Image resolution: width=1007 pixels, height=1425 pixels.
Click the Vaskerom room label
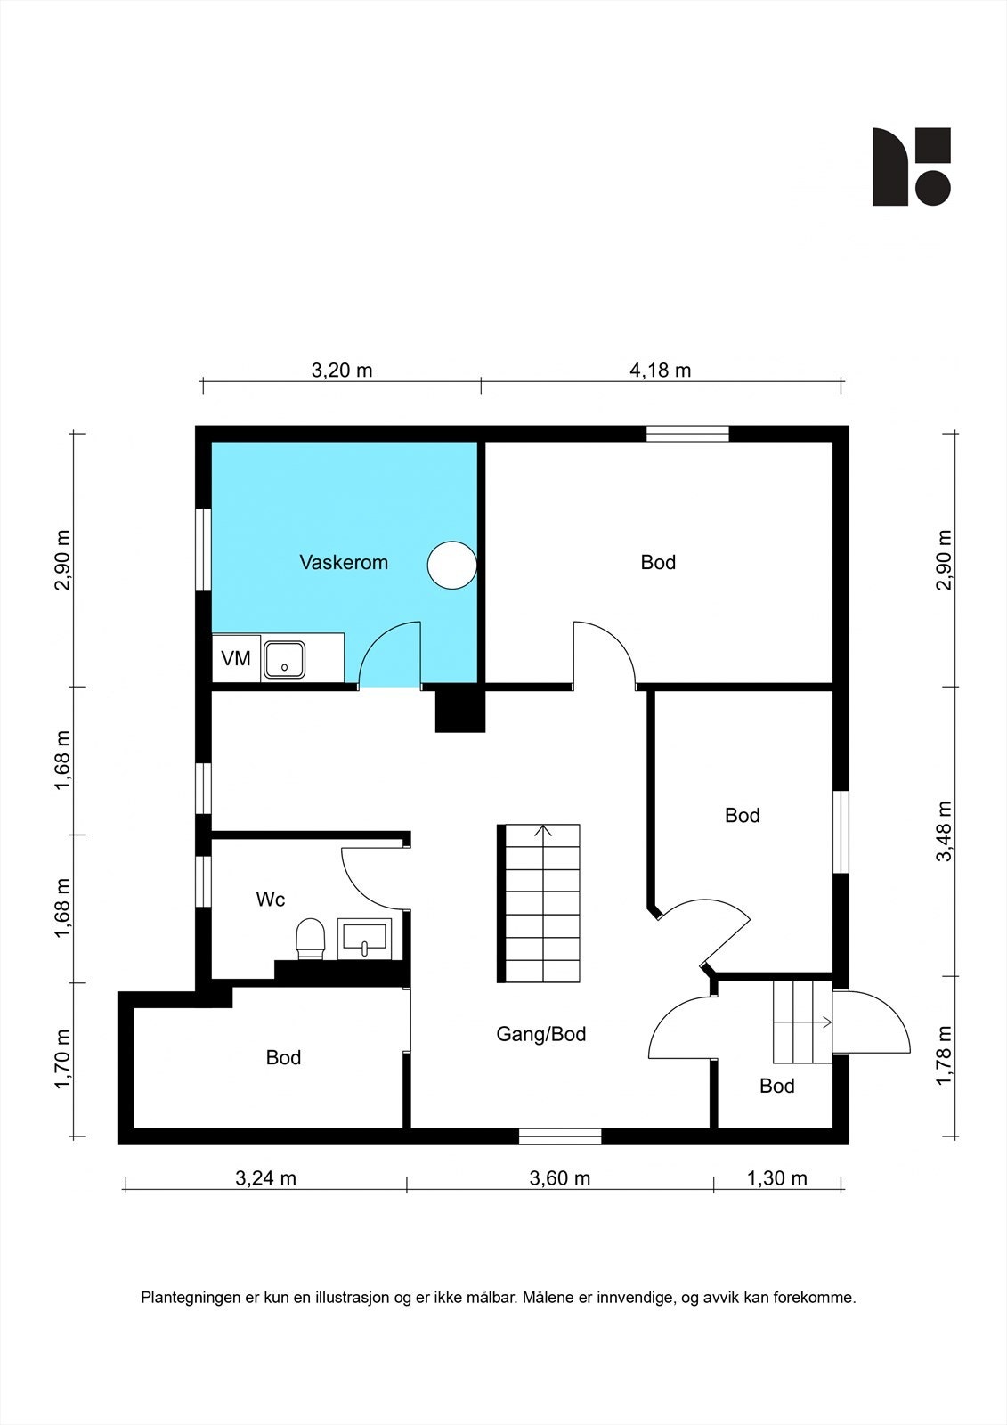tap(344, 562)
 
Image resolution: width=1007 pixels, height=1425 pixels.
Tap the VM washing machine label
tap(235, 658)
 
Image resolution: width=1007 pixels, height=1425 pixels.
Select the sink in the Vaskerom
tap(284, 660)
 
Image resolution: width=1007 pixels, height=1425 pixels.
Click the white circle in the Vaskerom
tap(451, 565)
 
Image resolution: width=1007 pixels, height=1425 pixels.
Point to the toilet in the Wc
tap(311, 939)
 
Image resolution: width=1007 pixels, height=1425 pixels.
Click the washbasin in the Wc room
tap(364, 939)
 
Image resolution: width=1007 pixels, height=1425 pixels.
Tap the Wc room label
tap(271, 899)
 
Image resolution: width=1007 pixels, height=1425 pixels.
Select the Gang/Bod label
tap(540, 1034)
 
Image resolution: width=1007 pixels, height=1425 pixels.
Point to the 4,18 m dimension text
tap(661, 370)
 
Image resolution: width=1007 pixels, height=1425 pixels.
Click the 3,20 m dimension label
tap(342, 370)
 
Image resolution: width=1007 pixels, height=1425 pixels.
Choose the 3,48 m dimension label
tap(944, 831)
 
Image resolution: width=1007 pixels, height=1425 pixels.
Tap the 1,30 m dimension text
tap(776, 1178)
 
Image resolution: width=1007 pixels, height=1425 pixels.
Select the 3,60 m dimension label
tap(560, 1178)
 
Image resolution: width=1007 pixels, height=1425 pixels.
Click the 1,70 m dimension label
tap(62, 1059)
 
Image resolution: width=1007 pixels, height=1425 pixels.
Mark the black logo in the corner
tap(912, 167)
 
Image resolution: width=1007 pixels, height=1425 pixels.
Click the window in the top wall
tap(687, 434)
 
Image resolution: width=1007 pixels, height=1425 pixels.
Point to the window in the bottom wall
tap(560, 1136)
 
